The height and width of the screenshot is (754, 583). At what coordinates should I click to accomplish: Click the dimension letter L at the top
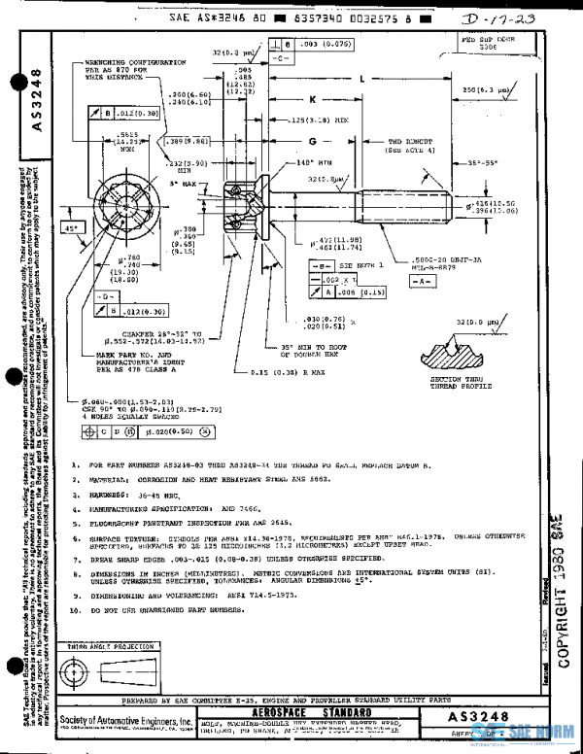coord(360,78)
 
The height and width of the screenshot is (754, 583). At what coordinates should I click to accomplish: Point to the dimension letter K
coord(313,99)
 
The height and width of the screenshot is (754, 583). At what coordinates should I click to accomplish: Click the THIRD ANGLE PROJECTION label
coord(105,645)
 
